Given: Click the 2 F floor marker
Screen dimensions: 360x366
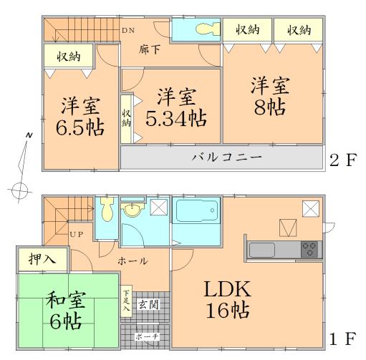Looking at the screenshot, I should click(342, 158).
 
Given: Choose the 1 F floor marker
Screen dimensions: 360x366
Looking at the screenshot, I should click(342, 336).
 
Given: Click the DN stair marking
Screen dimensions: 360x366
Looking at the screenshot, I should click(127, 30).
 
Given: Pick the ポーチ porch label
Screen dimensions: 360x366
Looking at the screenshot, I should click(150, 336).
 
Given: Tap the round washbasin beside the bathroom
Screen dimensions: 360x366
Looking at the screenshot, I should click(132, 210).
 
